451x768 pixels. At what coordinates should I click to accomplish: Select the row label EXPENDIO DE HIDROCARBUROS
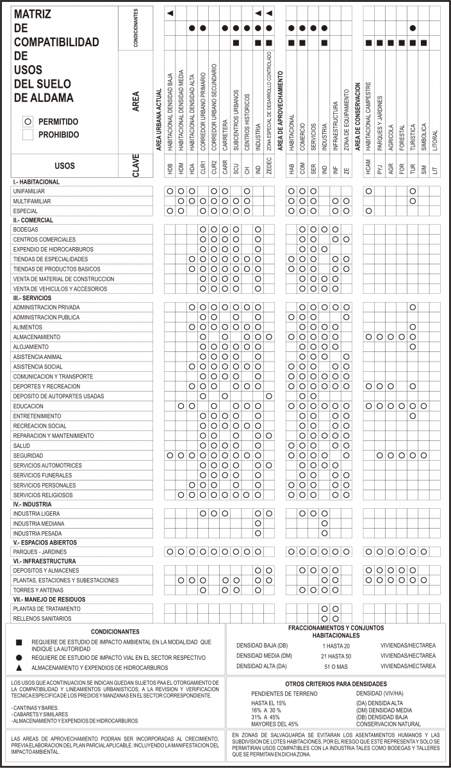[53, 249]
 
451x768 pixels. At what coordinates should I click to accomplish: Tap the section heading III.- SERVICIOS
[38, 298]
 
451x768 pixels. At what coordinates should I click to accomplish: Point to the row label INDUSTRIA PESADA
[38, 533]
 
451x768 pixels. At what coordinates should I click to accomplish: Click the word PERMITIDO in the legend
[58, 121]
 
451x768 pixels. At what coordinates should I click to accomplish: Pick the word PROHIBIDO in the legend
[59, 135]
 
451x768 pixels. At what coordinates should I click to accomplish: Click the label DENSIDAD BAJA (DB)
[262, 645]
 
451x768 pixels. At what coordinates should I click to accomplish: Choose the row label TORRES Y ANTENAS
[39, 589]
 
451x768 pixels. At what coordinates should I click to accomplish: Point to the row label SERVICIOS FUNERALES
[42, 476]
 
